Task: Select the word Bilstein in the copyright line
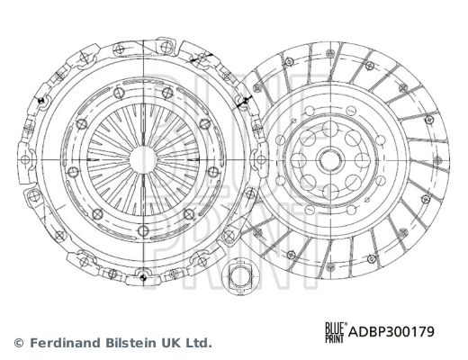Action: (130, 343)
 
